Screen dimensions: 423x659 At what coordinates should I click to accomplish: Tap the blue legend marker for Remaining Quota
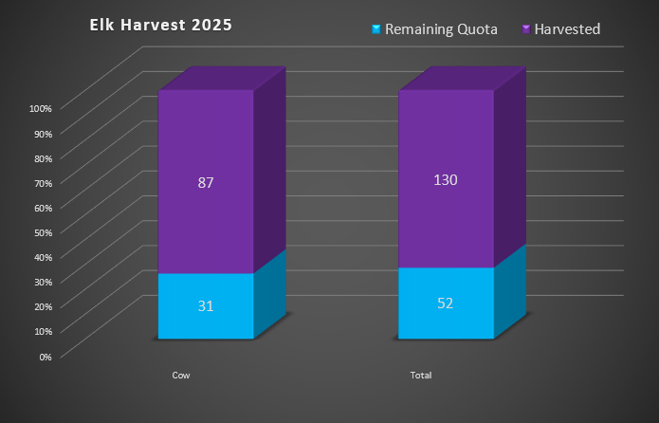pyautogui.click(x=376, y=29)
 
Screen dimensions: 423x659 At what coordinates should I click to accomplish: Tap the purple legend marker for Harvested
pyautogui.click(x=525, y=29)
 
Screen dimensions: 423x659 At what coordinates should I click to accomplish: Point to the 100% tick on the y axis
pyautogui.click(x=40, y=108)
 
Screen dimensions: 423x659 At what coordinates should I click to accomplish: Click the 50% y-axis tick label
pyautogui.click(x=42, y=232)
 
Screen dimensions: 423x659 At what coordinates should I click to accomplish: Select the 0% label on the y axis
pyautogui.click(x=45, y=356)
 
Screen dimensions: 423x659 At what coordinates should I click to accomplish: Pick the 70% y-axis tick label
pyautogui.click(x=42, y=182)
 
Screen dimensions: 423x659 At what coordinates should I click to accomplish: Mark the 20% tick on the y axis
pyautogui.click(x=42, y=306)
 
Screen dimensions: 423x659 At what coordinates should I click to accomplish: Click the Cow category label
pyautogui.click(x=181, y=376)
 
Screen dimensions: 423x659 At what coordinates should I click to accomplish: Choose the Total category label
pyautogui.click(x=421, y=376)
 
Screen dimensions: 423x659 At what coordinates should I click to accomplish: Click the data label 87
pyautogui.click(x=206, y=183)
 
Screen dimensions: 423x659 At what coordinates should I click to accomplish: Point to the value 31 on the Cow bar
pyautogui.click(x=206, y=305)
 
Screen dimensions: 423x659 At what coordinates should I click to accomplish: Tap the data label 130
pyautogui.click(x=446, y=179)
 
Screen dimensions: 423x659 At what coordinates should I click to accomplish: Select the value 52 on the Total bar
pyautogui.click(x=446, y=303)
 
